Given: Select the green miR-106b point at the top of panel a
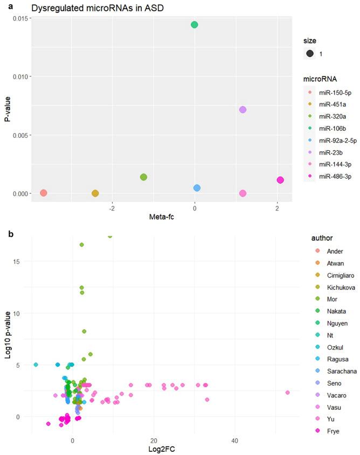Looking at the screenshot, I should click(195, 25).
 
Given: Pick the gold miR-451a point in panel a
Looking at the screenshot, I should click(95, 193).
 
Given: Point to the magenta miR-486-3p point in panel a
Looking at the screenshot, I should click(280, 180).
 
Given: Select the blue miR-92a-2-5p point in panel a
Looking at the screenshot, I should click(197, 188).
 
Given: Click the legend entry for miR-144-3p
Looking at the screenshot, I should click(329, 164).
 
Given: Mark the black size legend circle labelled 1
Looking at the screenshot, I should click(310, 54).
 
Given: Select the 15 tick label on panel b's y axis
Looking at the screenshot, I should click(24, 262).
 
